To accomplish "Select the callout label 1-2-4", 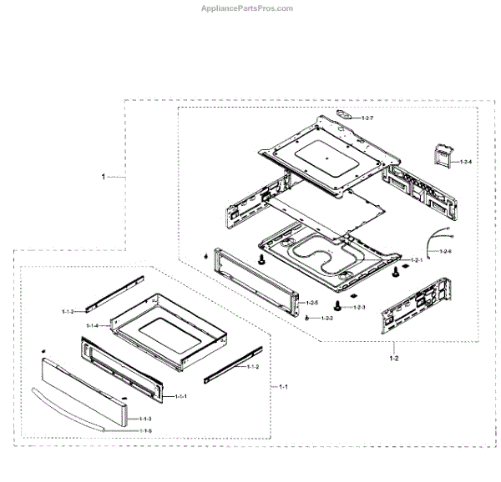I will pos(465,161).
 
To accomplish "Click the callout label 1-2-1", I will pos(416,261).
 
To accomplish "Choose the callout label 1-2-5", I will pos(311,302).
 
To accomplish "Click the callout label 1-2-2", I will pos(326,319).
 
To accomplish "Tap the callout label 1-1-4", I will pos(92,325).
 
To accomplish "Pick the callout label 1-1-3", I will pos(145,419).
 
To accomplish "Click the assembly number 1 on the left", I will pos(104,177).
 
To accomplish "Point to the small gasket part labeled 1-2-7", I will pos(343,113).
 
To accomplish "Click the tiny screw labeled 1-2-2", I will pos(308,319).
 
